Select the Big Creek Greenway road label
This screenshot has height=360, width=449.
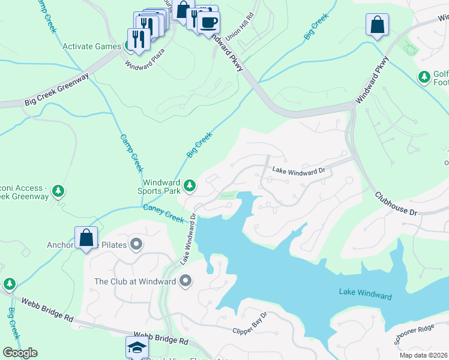pyautogui.click(x=56, y=90)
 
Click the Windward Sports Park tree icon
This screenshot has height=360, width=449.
pyautogui.click(x=190, y=186)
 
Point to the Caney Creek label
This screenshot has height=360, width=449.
pyautogui.click(x=163, y=213)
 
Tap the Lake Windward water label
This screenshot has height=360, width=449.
pyautogui.click(x=365, y=295)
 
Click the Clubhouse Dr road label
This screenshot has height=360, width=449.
pyautogui.click(x=396, y=203)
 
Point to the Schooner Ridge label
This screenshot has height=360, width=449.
pyautogui.click(x=414, y=338)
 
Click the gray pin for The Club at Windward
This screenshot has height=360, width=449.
pyautogui.click(x=185, y=281)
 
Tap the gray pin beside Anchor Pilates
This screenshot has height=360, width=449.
pyautogui.click(x=136, y=244)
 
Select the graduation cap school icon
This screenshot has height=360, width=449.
pyautogui.click(x=136, y=346)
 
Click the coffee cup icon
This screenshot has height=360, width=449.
pyautogui.click(x=208, y=22)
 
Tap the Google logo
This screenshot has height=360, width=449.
pyautogui.click(x=20, y=353)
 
